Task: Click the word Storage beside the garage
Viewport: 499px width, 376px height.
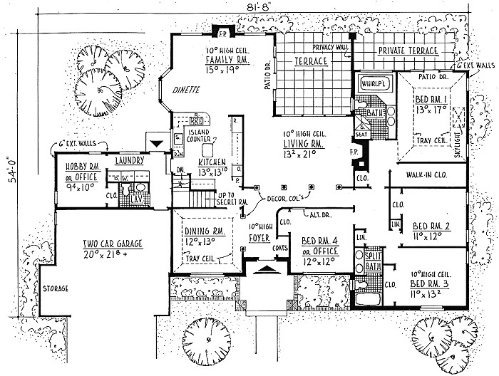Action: click(55, 288)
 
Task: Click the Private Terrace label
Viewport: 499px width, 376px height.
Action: click(407, 51)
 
